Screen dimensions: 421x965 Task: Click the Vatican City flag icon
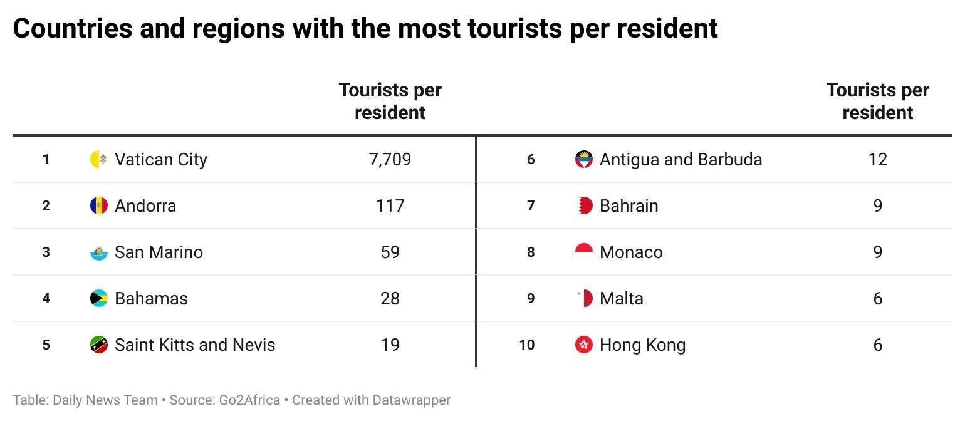point(99,159)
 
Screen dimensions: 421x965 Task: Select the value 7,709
point(390,159)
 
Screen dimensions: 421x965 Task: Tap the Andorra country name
point(145,205)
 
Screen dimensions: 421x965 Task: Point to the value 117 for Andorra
point(390,205)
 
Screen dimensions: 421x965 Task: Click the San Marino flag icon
point(99,252)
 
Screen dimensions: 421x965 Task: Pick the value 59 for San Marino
point(390,252)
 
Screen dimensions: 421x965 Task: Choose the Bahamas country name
point(151,298)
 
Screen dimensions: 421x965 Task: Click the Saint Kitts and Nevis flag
point(99,345)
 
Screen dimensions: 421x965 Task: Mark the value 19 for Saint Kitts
point(390,345)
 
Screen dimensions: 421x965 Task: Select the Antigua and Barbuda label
point(681,159)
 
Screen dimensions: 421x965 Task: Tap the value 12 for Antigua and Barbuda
point(877,159)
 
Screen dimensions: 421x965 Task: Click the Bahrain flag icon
point(583,205)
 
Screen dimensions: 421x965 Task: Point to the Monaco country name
point(631,252)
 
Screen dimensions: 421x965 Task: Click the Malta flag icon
point(584,298)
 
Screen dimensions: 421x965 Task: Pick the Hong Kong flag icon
point(583,345)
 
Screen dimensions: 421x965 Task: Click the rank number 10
point(527,345)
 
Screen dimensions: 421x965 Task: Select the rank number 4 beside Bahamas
point(46,298)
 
